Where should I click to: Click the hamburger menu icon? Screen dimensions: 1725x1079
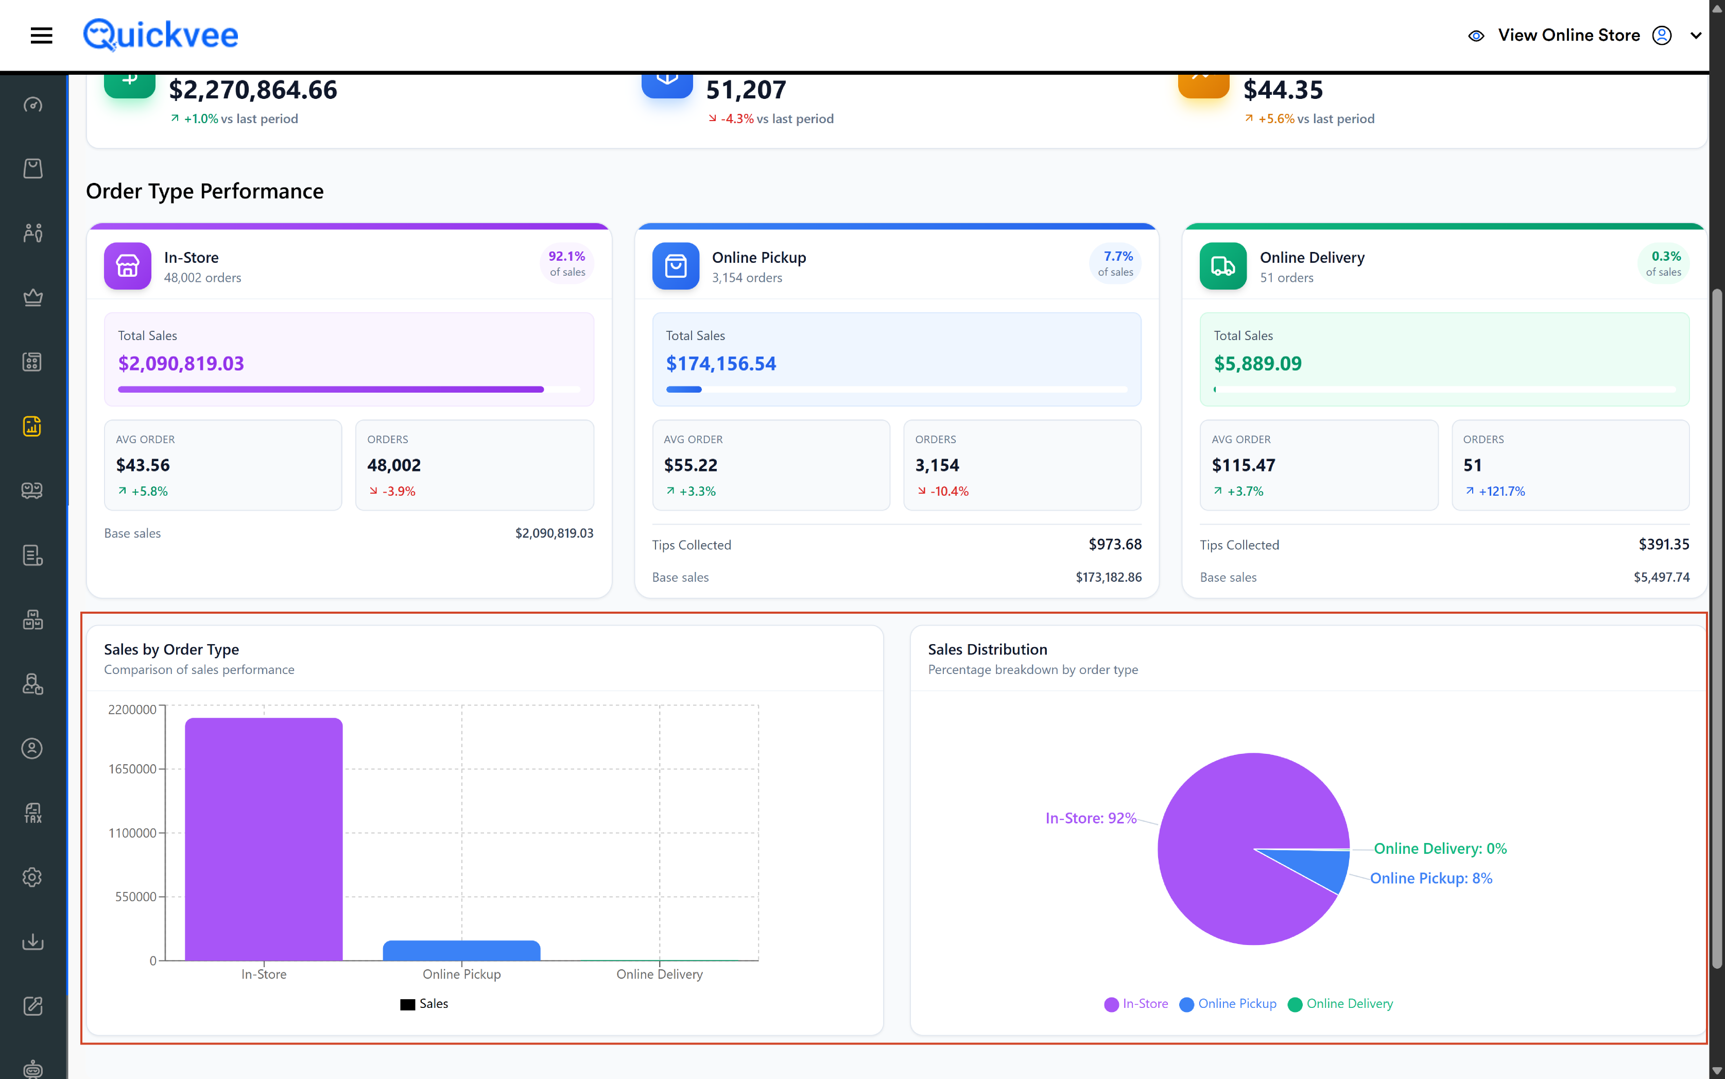[41, 35]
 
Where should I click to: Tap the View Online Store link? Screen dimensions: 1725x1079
[1568, 35]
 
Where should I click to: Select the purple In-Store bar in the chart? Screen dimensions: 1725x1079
[264, 839]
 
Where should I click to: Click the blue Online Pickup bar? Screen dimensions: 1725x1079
[461, 951]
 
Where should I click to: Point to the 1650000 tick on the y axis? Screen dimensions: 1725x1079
[133, 769]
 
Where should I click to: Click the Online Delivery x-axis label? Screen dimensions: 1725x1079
[660, 974]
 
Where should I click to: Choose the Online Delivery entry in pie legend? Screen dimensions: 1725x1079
[1341, 1003]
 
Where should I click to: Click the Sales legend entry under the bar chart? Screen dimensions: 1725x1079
[424, 1003]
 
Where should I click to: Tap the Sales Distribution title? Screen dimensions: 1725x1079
[988, 649]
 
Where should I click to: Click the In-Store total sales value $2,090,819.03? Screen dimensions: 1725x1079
[181, 364]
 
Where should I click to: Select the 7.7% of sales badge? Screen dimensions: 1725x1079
[1116, 263]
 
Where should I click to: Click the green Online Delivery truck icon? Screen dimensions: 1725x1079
[1223, 266]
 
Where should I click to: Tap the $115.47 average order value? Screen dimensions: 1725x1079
[1244, 465]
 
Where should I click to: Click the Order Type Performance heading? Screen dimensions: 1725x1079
[204, 191]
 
